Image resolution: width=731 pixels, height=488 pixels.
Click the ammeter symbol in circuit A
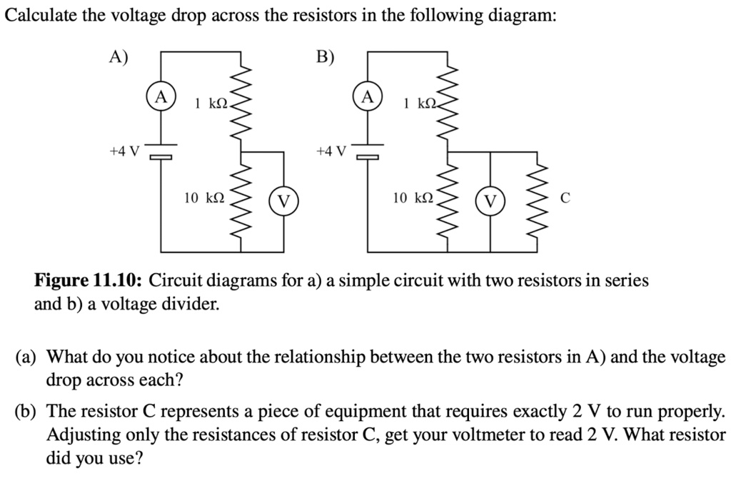161,97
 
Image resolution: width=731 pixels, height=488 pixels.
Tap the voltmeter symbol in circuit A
283,201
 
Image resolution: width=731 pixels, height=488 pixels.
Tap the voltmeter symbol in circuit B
490,201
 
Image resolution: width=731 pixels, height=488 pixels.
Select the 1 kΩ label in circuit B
418,104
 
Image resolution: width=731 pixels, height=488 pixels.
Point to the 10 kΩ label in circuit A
204,198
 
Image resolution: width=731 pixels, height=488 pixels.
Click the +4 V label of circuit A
124,151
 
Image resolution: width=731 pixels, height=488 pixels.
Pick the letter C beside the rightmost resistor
565,200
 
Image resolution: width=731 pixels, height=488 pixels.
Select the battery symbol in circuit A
161,151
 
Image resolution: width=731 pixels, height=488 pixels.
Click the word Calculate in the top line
40,16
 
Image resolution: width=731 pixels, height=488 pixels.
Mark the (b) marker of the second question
27,412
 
